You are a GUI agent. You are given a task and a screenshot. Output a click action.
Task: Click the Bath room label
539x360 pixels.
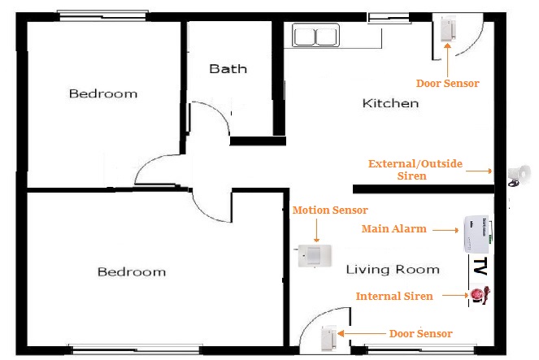228,69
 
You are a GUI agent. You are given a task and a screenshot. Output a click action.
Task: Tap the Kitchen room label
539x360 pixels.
390,103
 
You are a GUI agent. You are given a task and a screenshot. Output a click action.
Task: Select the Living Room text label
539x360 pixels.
393,270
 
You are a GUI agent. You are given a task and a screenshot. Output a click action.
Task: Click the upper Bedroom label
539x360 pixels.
102,93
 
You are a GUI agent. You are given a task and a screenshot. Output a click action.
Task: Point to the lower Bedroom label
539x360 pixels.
131,271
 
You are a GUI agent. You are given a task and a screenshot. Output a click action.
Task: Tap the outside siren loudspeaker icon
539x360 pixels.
518,175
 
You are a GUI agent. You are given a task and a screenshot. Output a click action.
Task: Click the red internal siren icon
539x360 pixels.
478,296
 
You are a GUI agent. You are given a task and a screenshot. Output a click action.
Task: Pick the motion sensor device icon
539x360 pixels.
315,256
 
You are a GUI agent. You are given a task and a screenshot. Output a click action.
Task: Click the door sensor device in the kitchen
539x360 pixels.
447,29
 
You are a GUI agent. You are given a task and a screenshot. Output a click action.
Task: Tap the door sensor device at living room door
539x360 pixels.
328,336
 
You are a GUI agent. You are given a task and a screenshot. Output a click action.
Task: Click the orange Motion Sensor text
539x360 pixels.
324,210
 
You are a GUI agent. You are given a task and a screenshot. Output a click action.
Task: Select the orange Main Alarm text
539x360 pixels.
393,229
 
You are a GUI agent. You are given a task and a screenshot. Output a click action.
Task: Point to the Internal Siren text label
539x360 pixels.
394,296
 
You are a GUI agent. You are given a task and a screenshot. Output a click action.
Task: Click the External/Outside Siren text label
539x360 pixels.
415,170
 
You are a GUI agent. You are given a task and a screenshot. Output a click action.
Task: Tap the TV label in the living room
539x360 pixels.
480,267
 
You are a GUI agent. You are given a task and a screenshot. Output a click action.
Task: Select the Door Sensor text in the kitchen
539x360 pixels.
447,83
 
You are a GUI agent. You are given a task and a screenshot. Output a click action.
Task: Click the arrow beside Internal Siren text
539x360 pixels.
452,297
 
